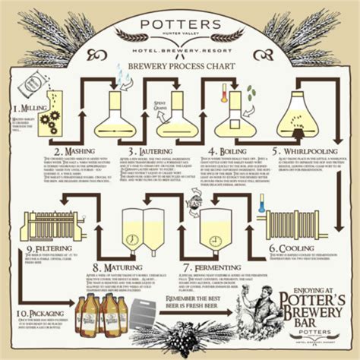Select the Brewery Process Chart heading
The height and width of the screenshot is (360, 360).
[x=180, y=67]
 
